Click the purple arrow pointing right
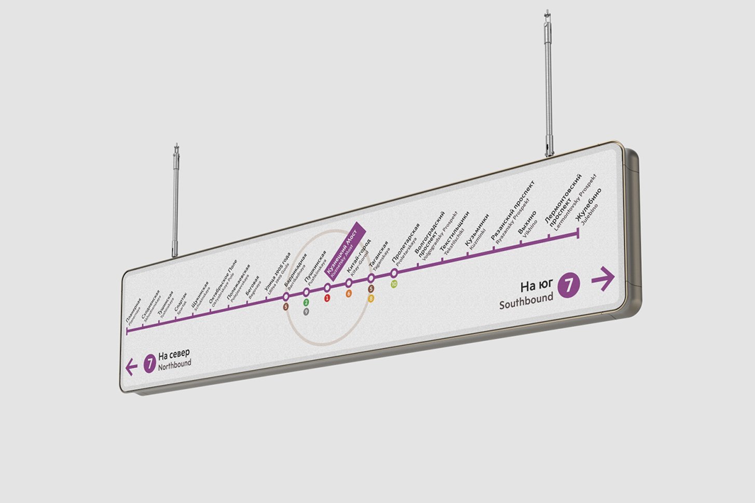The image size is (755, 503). point(603,279)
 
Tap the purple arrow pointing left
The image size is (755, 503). point(131,368)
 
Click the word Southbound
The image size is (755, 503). point(526,301)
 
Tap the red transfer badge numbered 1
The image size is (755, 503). point(327,298)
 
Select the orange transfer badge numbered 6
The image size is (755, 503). point(349,294)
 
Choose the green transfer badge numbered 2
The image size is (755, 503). point(306,302)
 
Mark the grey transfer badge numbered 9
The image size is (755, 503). point(306,311)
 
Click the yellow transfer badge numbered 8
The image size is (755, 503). point(371,298)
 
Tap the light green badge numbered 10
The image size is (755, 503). point(394,284)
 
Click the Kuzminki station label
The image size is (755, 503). point(477,233)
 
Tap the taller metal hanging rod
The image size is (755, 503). point(548,83)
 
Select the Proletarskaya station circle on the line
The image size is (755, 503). point(394,273)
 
